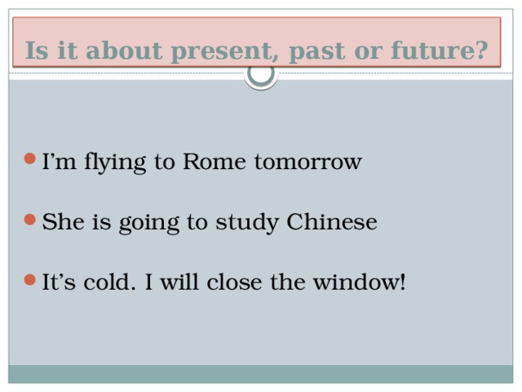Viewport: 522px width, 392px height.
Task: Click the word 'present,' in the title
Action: pyautogui.click(x=226, y=52)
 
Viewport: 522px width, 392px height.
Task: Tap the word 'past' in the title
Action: pyautogui.click(x=316, y=52)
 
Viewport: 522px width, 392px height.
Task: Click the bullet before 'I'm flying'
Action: pyautogui.click(x=30, y=160)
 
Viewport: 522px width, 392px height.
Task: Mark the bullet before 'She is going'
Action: pyautogui.click(x=30, y=220)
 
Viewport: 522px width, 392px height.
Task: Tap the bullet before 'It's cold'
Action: pyautogui.click(x=30, y=281)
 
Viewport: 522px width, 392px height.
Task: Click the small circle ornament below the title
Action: pyautogui.click(x=261, y=74)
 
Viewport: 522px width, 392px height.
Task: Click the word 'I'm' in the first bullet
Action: pyautogui.click(x=58, y=162)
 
